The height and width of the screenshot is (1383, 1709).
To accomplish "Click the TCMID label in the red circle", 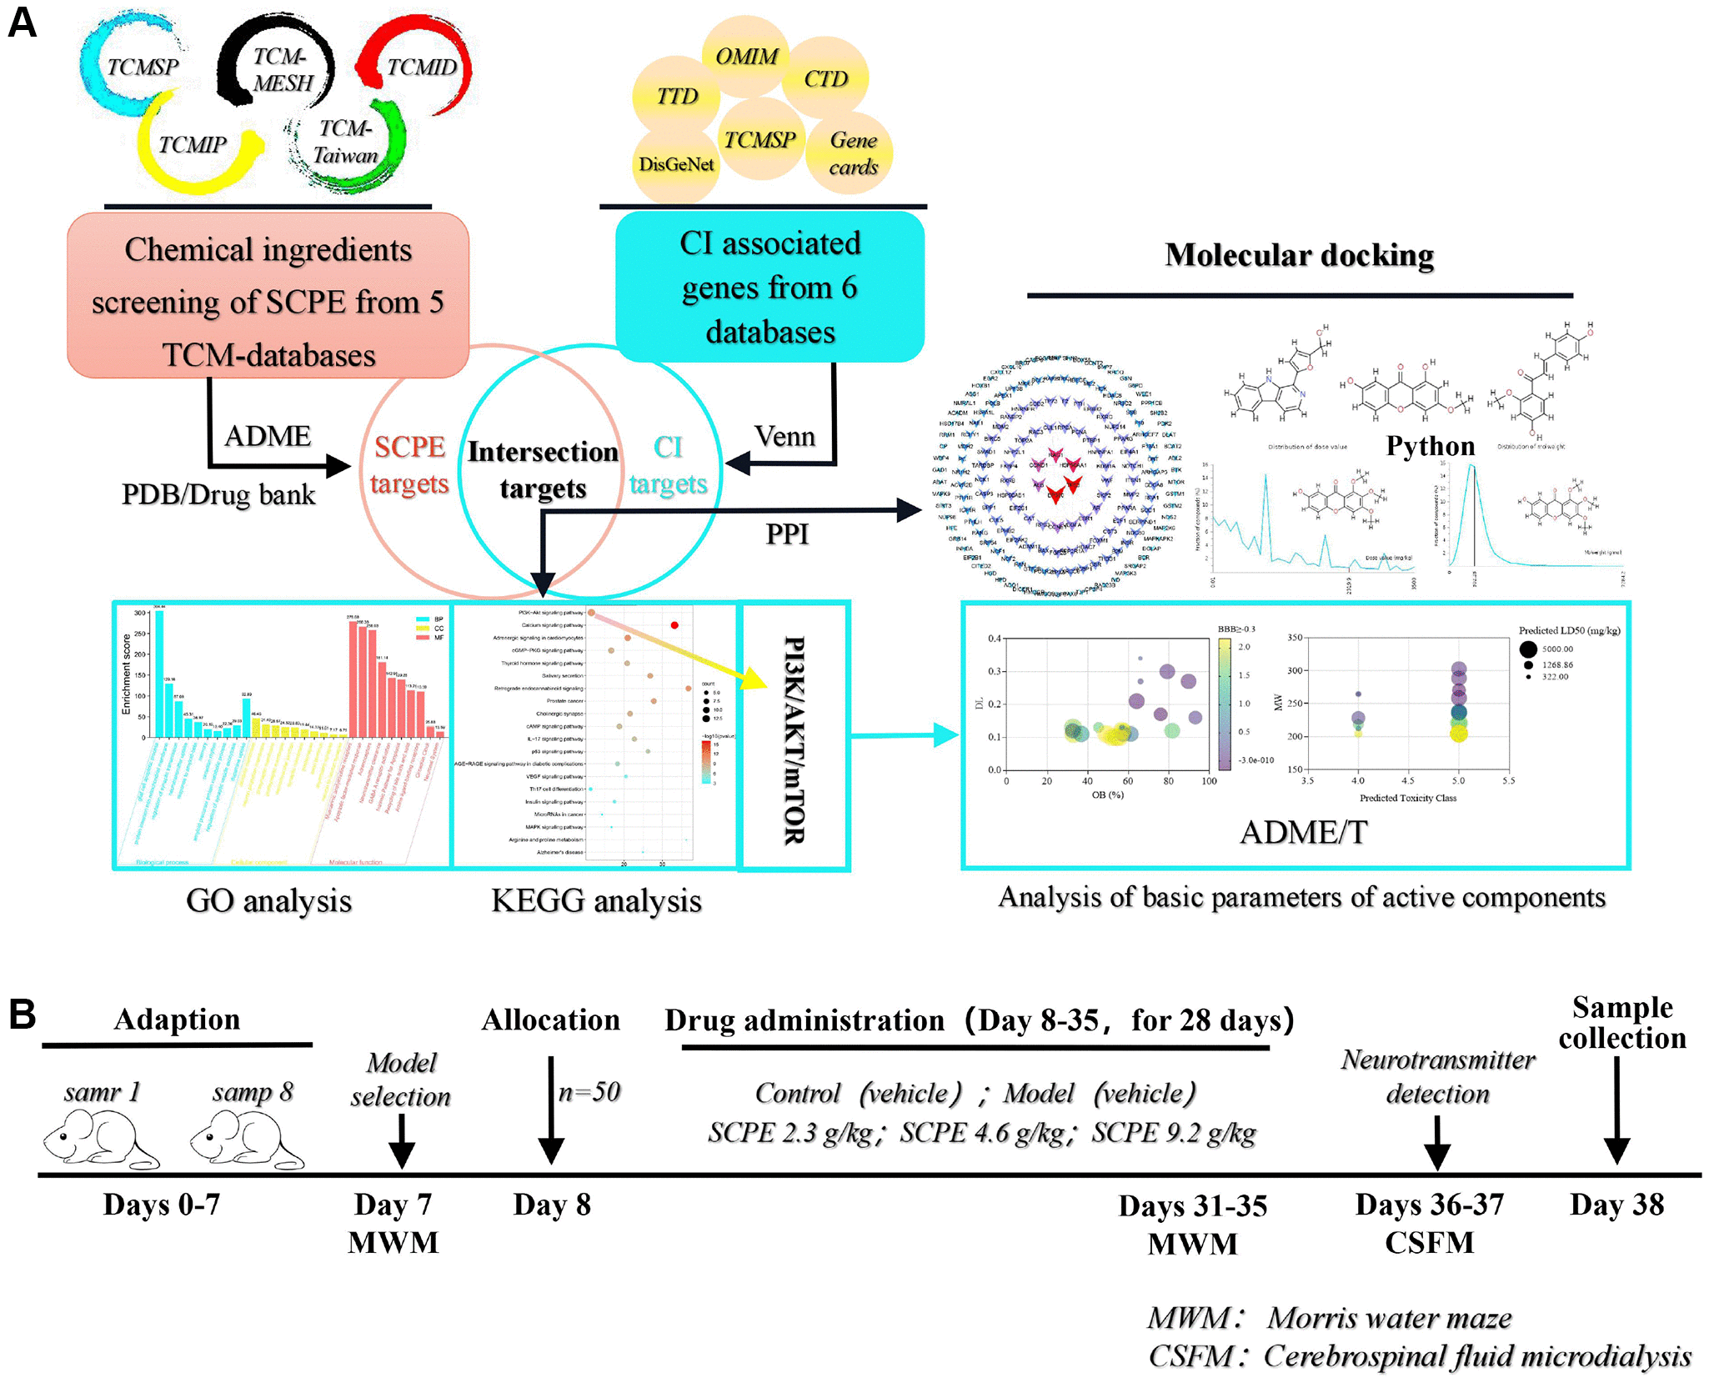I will click(421, 68).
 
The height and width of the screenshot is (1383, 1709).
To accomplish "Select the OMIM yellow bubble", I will click(746, 56).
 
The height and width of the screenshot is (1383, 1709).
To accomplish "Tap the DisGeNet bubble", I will click(676, 164).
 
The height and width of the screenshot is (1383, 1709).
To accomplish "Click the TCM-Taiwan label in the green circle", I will click(345, 142).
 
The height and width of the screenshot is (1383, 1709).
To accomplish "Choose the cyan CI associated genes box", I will click(769, 287).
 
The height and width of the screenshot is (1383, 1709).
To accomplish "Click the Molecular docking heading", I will click(1299, 255).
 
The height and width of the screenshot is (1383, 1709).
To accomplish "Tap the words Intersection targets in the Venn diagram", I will click(543, 469).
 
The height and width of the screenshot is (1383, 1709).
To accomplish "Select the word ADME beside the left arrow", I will click(268, 436).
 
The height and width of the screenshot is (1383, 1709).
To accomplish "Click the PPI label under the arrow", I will click(787, 534).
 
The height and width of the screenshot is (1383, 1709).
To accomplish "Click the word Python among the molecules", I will click(1430, 446).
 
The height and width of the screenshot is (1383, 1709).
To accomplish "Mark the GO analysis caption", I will click(268, 901).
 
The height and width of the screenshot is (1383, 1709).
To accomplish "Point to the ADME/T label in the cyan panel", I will click(1304, 832).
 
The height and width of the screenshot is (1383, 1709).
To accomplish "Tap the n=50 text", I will click(589, 1092).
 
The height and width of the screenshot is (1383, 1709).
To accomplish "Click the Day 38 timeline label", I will click(1616, 1205).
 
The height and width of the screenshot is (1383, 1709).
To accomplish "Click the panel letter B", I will click(23, 1014).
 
